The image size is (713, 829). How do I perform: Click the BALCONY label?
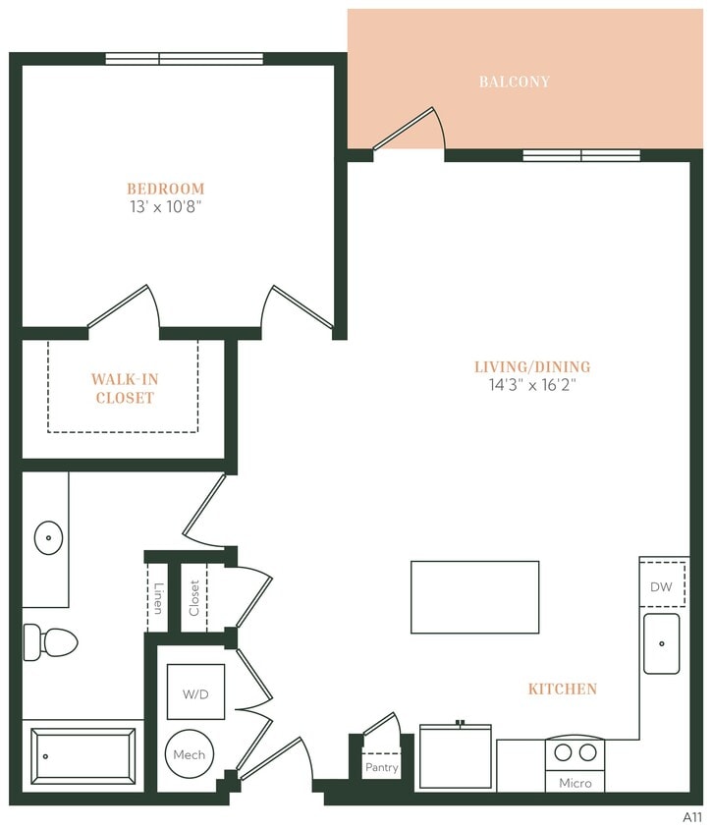[514, 82]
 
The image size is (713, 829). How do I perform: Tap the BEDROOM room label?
[165, 189]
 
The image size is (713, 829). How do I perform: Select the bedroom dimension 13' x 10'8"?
[165, 206]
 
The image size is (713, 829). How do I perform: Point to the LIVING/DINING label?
[532, 367]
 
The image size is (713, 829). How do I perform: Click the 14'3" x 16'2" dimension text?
[532, 385]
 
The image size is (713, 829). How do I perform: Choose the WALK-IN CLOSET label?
[124, 388]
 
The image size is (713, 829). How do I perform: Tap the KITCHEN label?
[562, 690]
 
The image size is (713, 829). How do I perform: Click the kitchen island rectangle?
[474, 597]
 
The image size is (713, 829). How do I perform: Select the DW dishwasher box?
[661, 586]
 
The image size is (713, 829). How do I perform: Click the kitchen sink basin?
[661, 643]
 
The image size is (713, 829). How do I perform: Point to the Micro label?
[575, 783]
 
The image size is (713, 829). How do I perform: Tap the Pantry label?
[381, 767]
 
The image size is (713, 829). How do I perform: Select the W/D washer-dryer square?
[194, 693]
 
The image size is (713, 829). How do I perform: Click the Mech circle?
[190, 754]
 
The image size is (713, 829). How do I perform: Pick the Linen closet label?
[157, 598]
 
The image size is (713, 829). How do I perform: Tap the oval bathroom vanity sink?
[48, 537]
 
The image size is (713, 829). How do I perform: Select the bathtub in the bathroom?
[83, 756]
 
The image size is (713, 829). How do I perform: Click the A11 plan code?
[692, 816]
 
